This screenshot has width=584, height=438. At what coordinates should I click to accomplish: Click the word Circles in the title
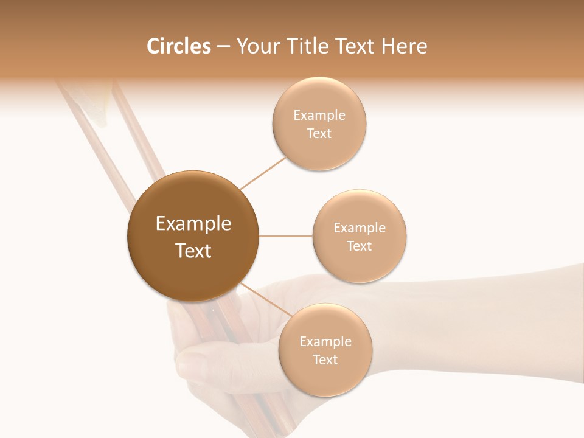(x=179, y=46)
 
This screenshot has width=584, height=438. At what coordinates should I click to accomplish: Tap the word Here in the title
(x=404, y=46)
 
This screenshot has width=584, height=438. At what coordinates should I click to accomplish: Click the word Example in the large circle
(x=193, y=224)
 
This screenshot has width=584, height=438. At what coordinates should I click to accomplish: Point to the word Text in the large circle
(x=193, y=251)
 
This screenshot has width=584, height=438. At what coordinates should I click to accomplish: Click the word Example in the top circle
(x=319, y=116)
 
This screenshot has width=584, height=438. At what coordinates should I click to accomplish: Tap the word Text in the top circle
(x=319, y=134)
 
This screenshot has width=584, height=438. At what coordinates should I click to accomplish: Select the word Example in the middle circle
(x=360, y=228)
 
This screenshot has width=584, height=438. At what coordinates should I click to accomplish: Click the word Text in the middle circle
(x=360, y=246)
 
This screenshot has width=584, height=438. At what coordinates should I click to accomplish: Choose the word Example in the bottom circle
(x=325, y=342)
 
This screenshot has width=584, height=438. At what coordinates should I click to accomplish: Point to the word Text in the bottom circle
(x=325, y=360)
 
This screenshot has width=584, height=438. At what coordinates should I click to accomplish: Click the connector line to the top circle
(x=263, y=173)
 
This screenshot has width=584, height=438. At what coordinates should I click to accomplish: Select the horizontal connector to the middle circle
(x=286, y=236)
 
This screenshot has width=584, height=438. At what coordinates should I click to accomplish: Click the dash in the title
(x=223, y=47)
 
